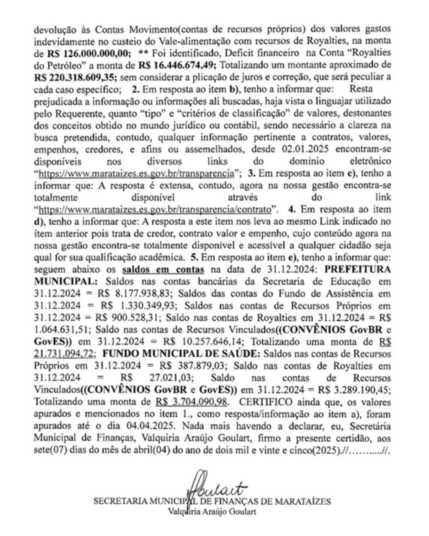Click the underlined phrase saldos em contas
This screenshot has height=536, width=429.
point(163,270)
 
